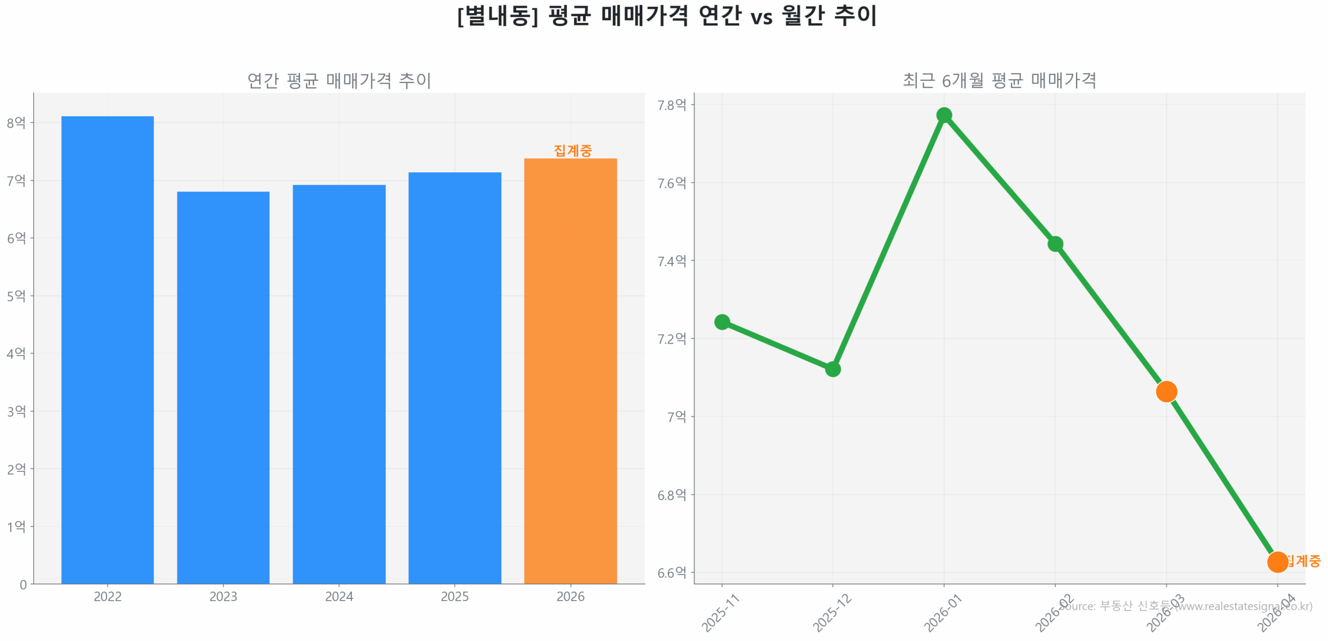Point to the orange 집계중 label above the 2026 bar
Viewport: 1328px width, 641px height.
(x=572, y=150)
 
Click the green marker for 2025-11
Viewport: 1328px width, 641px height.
(x=722, y=322)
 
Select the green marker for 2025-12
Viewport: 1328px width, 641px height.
(x=832, y=369)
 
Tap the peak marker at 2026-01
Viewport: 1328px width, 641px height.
(x=944, y=115)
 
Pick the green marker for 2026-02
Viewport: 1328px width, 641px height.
(x=1055, y=243)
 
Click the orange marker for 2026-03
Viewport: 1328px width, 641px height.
(x=1166, y=391)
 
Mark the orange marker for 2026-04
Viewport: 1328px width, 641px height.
(x=1277, y=562)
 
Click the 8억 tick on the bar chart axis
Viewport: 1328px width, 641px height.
(x=16, y=122)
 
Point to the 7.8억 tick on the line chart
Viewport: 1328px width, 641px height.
(x=671, y=105)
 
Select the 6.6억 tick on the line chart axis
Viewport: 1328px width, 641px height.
(x=671, y=572)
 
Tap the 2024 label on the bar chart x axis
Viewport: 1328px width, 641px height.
(x=339, y=596)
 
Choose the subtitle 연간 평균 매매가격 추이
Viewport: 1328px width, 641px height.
(x=339, y=80)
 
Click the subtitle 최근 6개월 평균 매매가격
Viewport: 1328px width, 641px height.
(x=999, y=80)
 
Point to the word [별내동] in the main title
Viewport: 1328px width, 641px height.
(x=497, y=16)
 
